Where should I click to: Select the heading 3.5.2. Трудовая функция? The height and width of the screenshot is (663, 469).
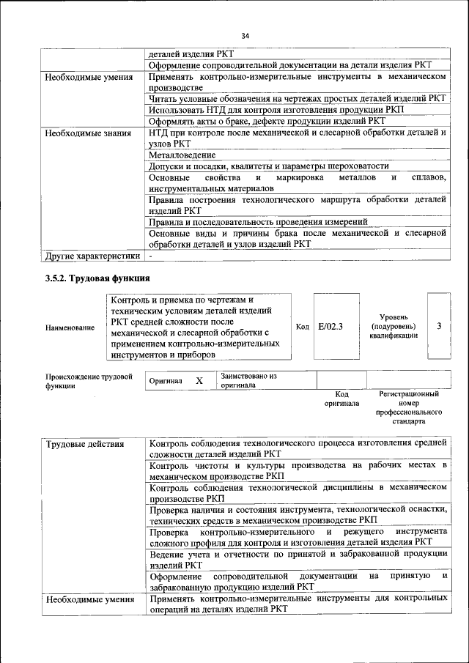click(94, 278)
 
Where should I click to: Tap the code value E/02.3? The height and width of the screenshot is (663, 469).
click(330, 326)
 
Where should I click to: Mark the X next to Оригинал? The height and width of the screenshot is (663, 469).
click(199, 381)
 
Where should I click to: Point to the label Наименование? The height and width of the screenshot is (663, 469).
click(70, 327)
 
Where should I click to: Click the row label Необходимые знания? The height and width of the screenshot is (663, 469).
click(87, 133)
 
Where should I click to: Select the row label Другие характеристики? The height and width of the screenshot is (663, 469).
click(92, 256)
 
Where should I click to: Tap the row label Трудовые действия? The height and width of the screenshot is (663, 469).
click(84, 444)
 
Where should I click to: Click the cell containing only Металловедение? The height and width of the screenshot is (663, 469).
click(182, 155)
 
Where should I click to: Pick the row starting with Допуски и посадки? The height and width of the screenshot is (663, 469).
click(268, 166)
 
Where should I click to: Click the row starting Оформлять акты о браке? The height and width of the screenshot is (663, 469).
click(266, 121)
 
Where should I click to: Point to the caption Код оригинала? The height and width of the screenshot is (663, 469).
click(341, 399)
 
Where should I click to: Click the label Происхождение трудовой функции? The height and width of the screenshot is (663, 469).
click(88, 381)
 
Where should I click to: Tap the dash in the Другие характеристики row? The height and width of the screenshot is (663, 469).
click(150, 256)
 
